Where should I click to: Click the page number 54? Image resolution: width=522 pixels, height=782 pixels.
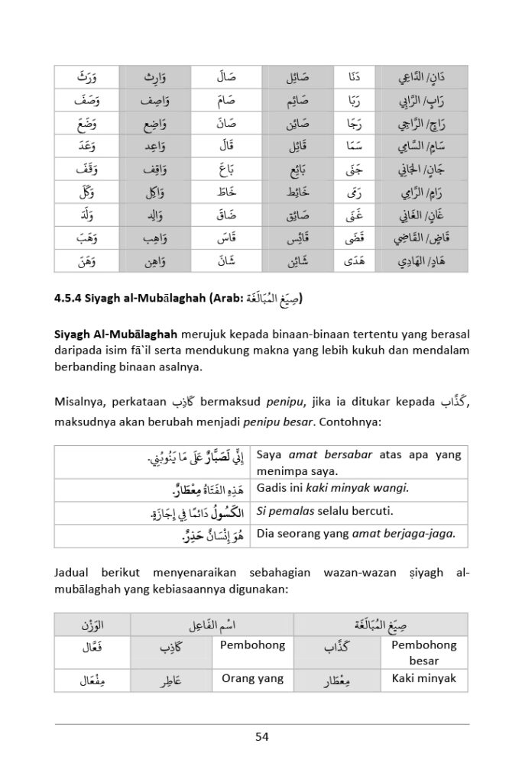click(261, 737)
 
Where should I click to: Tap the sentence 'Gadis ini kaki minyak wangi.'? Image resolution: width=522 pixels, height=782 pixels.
click(333, 487)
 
